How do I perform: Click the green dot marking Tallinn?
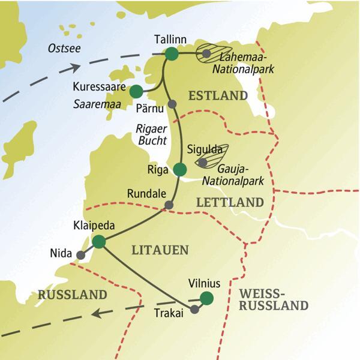[172, 54]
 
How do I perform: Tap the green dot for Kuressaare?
[136, 91]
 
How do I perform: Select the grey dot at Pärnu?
[172, 104]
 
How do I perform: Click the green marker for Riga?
[179, 169]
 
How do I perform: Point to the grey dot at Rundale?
[169, 205]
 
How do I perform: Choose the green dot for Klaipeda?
[99, 242]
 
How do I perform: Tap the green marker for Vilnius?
[207, 298]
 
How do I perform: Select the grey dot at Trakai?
[194, 310]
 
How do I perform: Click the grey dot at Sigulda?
[203, 162]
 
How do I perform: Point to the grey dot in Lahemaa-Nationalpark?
[206, 54]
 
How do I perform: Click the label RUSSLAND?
[72, 295]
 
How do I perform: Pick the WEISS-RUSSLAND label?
[273, 299]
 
